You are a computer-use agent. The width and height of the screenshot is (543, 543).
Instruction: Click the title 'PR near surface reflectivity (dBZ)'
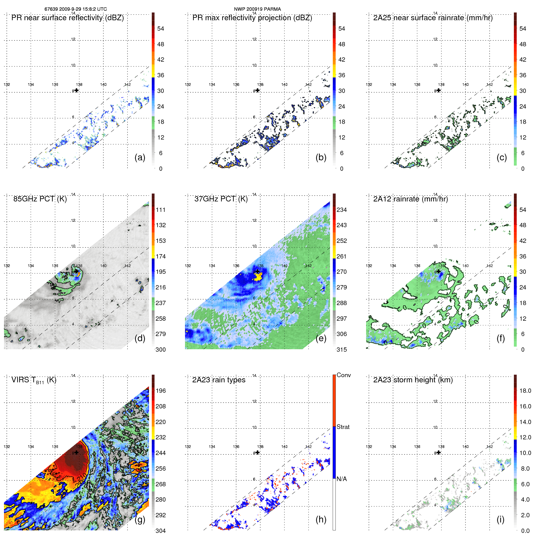tap(67, 18)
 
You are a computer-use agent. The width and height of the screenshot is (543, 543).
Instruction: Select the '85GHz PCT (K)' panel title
tap(40, 199)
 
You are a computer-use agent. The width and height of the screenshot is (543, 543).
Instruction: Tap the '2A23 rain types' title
tap(219, 380)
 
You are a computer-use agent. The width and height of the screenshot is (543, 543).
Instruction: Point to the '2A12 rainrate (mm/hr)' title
tap(410, 199)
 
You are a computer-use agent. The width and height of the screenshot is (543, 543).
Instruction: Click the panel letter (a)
tap(140, 157)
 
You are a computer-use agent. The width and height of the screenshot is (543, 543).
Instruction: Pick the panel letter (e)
tap(321, 338)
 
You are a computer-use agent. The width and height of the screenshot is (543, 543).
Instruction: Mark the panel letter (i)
tap(500, 519)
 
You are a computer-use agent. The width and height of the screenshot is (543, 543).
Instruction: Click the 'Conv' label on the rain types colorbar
tap(343, 375)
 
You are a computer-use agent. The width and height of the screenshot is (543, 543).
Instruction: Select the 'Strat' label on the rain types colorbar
tap(343, 427)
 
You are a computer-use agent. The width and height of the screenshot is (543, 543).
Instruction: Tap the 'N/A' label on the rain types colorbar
tap(342, 479)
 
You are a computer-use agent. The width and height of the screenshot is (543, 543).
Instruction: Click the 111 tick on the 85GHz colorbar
tap(161, 210)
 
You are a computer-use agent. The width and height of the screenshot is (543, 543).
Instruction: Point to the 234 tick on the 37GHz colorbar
tap(342, 210)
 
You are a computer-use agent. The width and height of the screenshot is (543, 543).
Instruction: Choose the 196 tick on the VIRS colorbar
tap(161, 391)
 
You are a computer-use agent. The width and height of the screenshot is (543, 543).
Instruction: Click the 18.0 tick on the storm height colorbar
tap(525, 391)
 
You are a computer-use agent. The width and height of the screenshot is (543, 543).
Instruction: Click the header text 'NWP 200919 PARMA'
tap(257, 9)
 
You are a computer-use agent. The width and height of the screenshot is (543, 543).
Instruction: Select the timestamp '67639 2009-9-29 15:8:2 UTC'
tap(76, 9)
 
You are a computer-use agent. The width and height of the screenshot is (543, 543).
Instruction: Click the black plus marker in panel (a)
tap(76, 90)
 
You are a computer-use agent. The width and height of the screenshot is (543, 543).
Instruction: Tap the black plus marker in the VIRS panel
tap(76, 453)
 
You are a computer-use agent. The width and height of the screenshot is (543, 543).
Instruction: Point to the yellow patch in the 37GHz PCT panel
tap(258, 277)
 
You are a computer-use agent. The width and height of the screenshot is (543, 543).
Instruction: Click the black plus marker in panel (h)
tap(258, 453)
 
